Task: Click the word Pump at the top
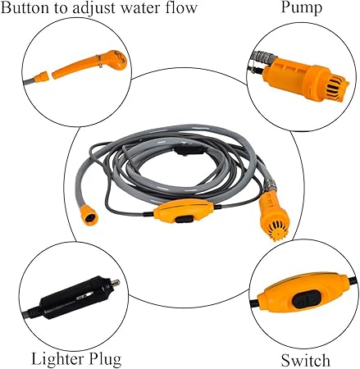pos(301,7)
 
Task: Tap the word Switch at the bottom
pos(305,360)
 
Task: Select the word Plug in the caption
pos(103,359)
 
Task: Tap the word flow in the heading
pos(183,7)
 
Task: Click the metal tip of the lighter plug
pos(115,283)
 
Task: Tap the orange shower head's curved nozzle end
pos(118,58)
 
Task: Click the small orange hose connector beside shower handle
pos(42,76)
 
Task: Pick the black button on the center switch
pos(185,219)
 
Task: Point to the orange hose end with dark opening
pos(89,216)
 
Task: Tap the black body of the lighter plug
pos(75,298)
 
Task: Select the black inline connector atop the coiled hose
pos(189,150)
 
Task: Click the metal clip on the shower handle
pos(100,61)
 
